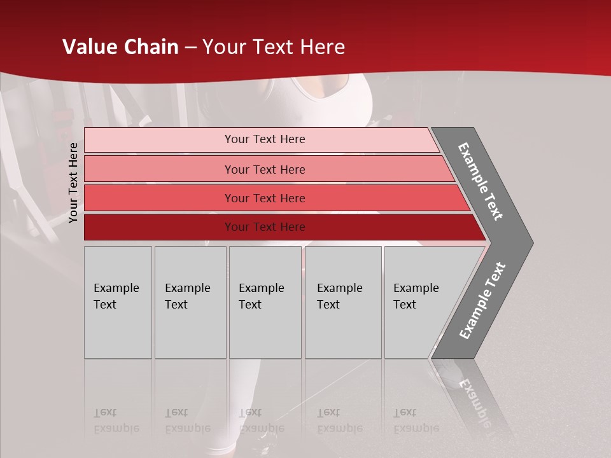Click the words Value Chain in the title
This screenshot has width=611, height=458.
(120, 47)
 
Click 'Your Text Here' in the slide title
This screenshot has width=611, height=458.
(274, 47)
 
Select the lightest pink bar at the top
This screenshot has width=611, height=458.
(159, 140)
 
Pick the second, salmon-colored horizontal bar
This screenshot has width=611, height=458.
(159, 169)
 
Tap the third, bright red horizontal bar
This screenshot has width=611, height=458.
(159, 198)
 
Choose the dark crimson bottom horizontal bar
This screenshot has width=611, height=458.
(159, 227)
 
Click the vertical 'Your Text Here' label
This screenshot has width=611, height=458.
(74, 183)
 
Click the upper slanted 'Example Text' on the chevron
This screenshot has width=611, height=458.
(481, 181)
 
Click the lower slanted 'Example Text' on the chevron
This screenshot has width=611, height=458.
(482, 301)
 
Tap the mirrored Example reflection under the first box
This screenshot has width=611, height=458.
(116, 428)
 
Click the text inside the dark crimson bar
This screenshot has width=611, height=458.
(265, 227)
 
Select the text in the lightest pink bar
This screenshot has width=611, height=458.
(265, 139)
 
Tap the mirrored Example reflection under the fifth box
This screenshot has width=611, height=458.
(416, 428)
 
